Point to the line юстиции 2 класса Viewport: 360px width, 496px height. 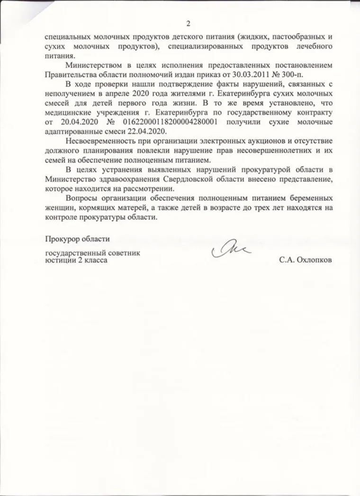coord(76,261)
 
